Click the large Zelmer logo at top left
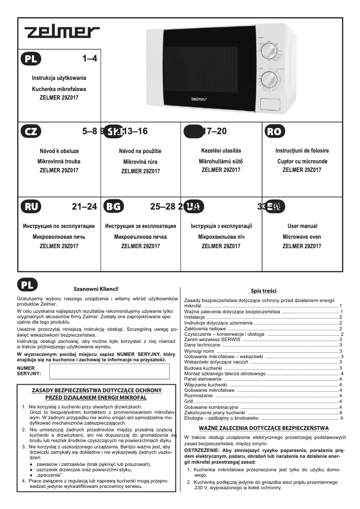[62, 32]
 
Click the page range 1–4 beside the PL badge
[90, 58]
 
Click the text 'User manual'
[302, 226]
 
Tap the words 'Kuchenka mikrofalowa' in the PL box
[59, 89]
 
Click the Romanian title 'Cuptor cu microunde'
[302, 161]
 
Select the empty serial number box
[109, 372]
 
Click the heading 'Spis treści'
[263, 291]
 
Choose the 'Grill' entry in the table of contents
[189, 401]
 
